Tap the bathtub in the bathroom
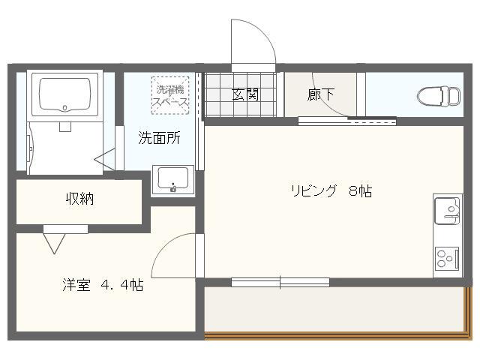tap(64, 94)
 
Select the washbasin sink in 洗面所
tap(173, 180)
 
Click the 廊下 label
tap(320, 95)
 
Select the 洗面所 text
tap(159, 138)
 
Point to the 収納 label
tap(79, 199)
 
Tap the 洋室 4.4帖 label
tap(103, 286)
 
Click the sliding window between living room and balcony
tap(280, 282)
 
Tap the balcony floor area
tap(334, 308)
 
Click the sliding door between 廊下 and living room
tap(346, 120)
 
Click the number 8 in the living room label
tap(352, 190)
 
